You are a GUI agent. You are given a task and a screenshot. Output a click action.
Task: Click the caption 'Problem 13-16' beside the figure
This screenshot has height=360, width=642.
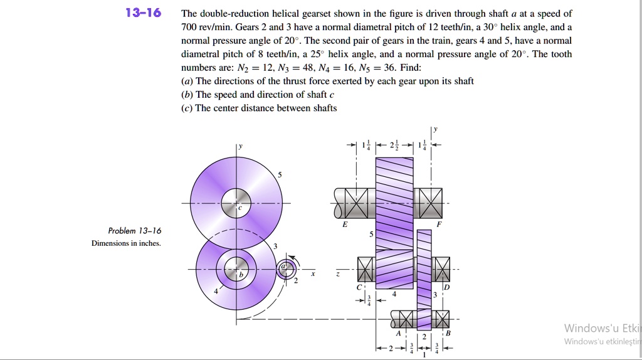click(134, 231)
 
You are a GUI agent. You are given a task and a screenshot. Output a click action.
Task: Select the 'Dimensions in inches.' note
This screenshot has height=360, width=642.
click(126, 243)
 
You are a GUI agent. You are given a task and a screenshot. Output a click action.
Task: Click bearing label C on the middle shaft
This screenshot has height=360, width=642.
click(359, 287)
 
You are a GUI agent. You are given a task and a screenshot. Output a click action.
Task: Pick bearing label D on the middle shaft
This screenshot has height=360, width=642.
click(446, 287)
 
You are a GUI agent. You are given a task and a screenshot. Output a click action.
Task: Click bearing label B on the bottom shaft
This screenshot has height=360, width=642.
click(448, 334)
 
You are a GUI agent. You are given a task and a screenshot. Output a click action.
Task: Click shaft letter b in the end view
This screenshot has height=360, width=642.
click(238, 274)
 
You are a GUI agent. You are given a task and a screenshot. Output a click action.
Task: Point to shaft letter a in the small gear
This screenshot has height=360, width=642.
click(283, 266)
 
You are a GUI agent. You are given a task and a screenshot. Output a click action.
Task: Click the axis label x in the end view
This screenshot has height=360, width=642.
click(313, 274)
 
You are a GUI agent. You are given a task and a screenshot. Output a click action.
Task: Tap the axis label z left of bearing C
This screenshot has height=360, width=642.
click(339, 275)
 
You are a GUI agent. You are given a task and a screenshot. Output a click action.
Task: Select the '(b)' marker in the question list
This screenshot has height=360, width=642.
click(187, 95)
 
